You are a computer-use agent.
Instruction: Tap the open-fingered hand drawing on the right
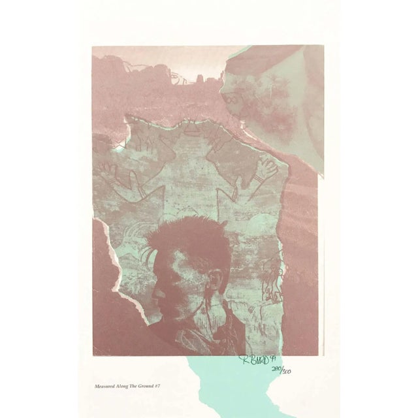(267, 171)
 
